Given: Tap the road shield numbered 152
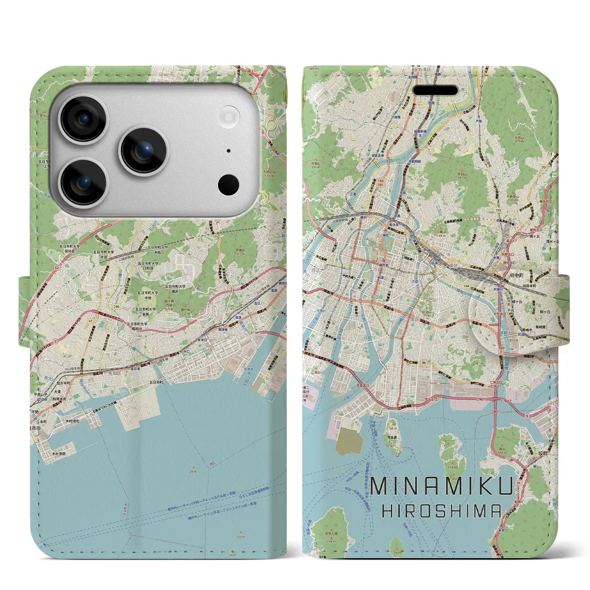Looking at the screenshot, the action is [x=498, y=211].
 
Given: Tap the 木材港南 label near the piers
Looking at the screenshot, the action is [x=59, y=454].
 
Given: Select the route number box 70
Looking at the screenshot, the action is [x=543, y=168].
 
